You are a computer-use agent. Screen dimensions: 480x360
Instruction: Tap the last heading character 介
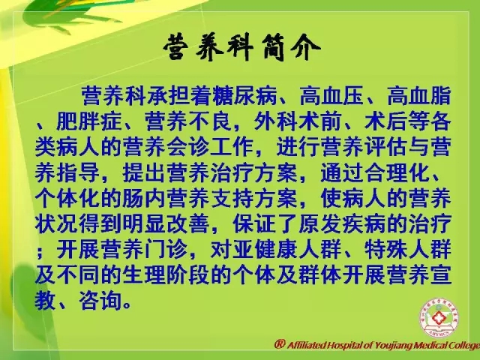tap(304, 47)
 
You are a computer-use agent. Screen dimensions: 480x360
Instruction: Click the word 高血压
tap(331, 96)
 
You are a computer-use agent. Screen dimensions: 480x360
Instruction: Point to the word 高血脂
tap(419, 96)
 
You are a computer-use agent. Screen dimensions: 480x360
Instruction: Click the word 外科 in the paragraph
tap(276, 121)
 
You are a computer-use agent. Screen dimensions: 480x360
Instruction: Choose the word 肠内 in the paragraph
tap(145, 199)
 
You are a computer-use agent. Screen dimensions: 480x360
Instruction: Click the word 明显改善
tap(166, 224)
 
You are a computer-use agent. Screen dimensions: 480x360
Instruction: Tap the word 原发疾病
tap(342, 224)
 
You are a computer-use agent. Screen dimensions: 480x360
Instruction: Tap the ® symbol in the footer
tap(280, 344)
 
